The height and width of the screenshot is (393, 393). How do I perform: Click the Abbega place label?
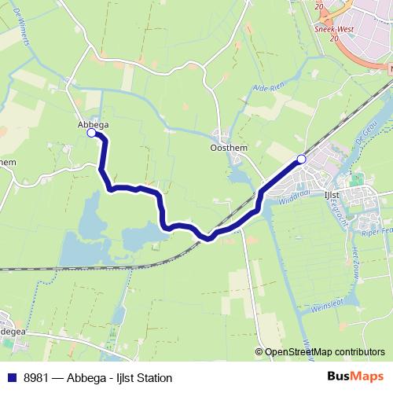[93, 124]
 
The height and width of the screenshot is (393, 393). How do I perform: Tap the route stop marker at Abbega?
[91, 134]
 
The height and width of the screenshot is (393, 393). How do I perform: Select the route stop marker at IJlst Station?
[301, 160]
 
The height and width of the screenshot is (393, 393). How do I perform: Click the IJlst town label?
[331, 193]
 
